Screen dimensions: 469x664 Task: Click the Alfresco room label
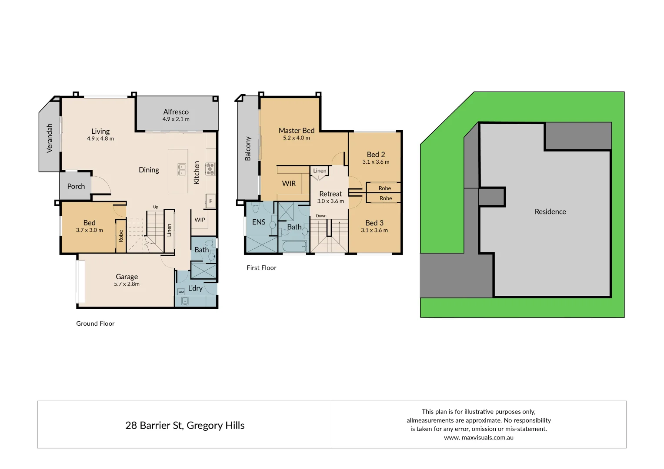click(176, 112)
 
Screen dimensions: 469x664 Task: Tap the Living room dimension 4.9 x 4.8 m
click(100, 139)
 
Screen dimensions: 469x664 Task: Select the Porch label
click(76, 186)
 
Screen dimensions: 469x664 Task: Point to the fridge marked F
click(211, 201)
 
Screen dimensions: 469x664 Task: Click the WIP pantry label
click(200, 220)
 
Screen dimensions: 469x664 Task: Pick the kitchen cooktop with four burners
click(210, 168)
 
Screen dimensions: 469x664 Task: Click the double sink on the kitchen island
click(182, 170)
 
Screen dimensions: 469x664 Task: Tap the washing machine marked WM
click(181, 292)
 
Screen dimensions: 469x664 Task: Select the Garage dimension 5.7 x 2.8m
click(127, 284)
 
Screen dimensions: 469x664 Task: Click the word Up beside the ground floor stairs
click(156, 207)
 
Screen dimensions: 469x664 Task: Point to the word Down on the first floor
click(321, 216)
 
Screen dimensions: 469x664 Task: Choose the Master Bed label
click(297, 130)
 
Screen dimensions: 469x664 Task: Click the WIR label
click(289, 184)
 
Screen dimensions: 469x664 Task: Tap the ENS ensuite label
click(259, 222)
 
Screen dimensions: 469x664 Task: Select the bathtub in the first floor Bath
click(294, 247)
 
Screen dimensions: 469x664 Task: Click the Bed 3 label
click(374, 223)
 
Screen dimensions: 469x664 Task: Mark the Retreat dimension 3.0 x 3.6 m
click(330, 201)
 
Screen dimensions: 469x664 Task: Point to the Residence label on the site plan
click(550, 211)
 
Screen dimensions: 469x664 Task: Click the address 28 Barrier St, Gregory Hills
click(185, 426)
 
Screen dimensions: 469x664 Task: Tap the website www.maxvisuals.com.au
click(479, 438)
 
